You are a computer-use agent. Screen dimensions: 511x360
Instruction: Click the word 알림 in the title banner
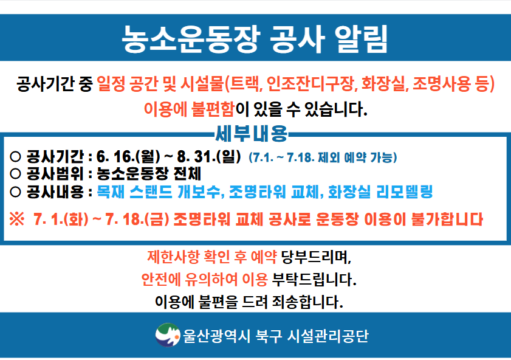(x=361, y=39)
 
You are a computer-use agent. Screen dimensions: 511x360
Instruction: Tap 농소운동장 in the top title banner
(x=190, y=39)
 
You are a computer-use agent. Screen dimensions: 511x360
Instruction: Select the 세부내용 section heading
(x=252, y=133)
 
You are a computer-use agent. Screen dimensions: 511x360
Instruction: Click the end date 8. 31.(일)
(x=209, y=157)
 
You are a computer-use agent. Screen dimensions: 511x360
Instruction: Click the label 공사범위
(x=55, y=174)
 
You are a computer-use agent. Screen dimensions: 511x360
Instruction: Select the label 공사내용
(x=55, y=192)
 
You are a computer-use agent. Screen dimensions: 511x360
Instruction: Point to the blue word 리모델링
(x=404, y=192)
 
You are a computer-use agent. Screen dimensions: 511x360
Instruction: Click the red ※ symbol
(x=16, y=219)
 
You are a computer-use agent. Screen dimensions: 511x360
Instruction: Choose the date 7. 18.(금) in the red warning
(x=137, y=219)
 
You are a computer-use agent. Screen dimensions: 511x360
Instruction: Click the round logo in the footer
(x=168, y=335)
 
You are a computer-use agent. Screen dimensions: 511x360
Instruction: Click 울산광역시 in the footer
(x=216, y=336)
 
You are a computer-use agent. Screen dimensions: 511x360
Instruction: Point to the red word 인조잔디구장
(x=310, y=83)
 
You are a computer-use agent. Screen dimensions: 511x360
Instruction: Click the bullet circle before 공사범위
(x=15, y=174)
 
